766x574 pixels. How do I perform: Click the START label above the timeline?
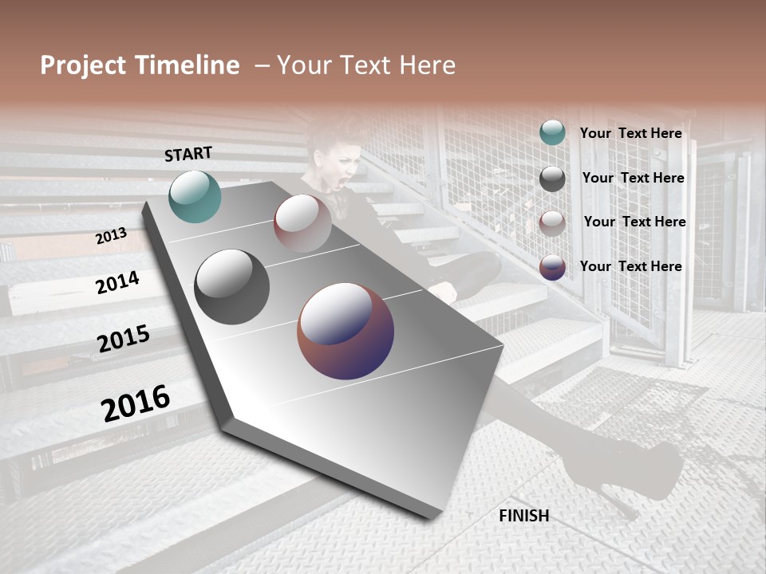[x=188, y=154]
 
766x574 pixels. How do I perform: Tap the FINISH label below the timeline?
[x=524, y=516]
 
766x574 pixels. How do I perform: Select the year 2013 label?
[x=111, y=236]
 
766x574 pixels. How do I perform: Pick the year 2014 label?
[x=117, y=282]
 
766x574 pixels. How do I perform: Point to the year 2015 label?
[x=124, y=339]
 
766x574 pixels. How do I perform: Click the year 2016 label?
[x=136, y=403]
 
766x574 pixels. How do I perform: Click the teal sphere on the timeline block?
[x=195, y=196]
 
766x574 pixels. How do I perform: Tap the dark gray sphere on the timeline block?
[x=231, y=287]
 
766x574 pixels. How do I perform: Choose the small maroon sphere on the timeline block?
[x=302, y=222]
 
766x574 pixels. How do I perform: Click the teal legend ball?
[x=552, y=133]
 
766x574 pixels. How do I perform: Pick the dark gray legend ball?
[x=552, y=179]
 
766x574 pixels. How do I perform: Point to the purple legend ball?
[x=552, y=267]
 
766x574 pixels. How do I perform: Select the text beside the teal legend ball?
[x=630, y=133]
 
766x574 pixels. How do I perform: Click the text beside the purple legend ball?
[x=630, y=266]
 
